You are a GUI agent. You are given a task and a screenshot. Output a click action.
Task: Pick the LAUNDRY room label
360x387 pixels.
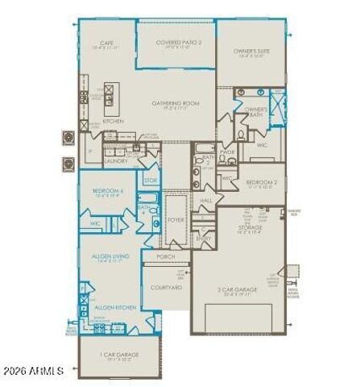point(117,160)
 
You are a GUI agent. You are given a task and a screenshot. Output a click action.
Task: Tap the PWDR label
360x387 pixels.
point(228,151)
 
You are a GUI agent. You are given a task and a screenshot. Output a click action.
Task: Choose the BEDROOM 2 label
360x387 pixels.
point(261,182)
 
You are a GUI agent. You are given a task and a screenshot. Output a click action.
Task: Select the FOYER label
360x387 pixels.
point(175,218)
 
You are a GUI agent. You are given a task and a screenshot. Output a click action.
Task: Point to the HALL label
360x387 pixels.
point(205,200)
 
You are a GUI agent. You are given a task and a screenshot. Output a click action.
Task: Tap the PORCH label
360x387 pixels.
point(165,256)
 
